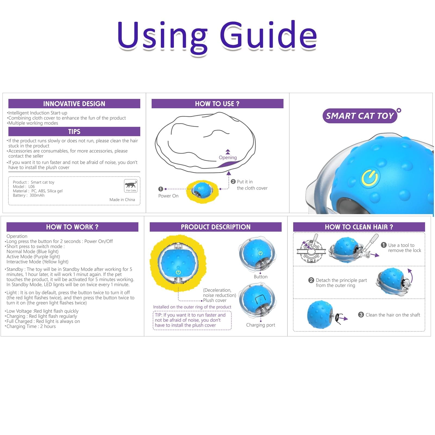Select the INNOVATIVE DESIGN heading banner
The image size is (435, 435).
click(x=74, y=104)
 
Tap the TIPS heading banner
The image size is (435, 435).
click(x=74, y=132)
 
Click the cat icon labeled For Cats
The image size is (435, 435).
click(x=131, y=186)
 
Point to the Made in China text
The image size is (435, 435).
click(x=122, y=200)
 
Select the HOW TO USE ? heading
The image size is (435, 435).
click(x=217, y=104)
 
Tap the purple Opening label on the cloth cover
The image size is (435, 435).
click(x=228, y=158)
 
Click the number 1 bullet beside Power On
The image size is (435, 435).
click(x=161, y=189)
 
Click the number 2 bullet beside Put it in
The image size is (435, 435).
click(x=233, y=181)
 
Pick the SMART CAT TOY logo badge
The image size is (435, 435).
click(x=360, y=116)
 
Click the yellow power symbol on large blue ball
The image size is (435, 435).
click(x=370, y=178)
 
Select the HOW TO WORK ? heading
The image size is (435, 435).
click(x=72, y=227)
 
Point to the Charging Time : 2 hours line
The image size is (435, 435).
click(x=31, y=327)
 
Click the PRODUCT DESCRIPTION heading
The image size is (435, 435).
click(x=215, y=227)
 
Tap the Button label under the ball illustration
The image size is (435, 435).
click(x=261, y=277)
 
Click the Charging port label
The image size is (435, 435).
click(x=261, y=325)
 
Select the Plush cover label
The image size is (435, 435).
click(x=215, y=301)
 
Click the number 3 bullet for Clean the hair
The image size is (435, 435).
click(x=361, y=315)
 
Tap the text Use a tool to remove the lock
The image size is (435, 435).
click(x=404, y=248)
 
